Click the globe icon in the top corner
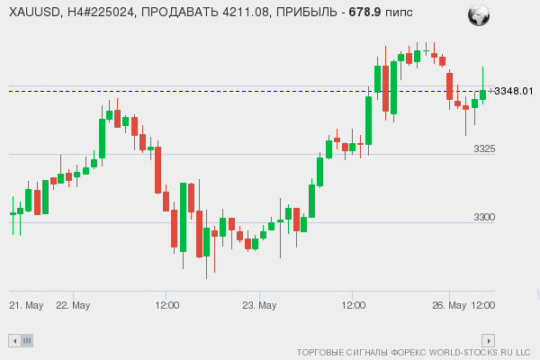(x=478, y=14)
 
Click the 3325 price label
(x=485, y=148)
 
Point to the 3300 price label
(x=485, y=217)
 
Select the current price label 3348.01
(x=514, y=91)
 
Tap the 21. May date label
(x=27, y=305)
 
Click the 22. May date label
(x=73, y=305)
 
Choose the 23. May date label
(x=259, y=305)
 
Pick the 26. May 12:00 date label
(x=471, y=305)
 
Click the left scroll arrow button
(x=13, y=340)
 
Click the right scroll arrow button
(x=489, y=340)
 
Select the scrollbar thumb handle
(x=27, y=340)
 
